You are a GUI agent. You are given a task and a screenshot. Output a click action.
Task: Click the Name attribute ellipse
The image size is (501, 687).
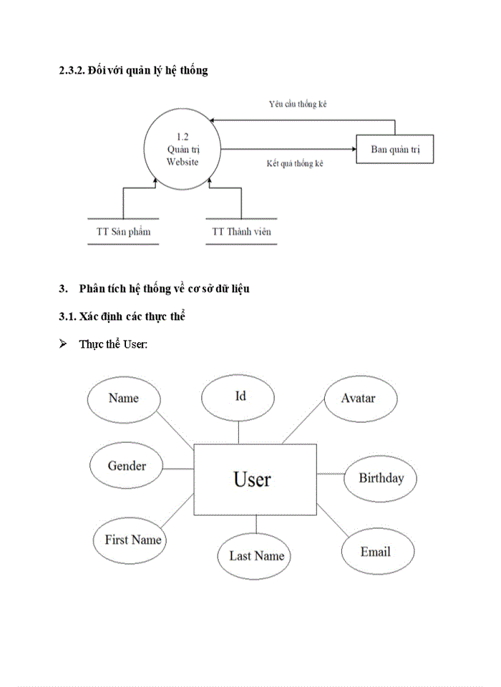click(x=123, y=399)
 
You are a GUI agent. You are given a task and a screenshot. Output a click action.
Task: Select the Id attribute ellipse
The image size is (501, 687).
click(x=239, y=397)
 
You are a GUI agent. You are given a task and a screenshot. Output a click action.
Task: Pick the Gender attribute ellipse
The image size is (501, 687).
click(x=127, y=467)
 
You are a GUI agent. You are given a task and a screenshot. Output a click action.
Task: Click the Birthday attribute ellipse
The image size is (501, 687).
click(x=381, y=478)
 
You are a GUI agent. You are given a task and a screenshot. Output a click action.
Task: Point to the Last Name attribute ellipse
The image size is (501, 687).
click(x=256, y=556)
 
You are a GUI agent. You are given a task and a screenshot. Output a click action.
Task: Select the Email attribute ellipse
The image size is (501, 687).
click(x=376, y=552)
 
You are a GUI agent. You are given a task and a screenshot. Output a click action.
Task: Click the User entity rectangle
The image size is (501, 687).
click(x=254, y=479)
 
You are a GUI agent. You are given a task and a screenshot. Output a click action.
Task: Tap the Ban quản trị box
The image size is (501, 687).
click(x=394, y=150)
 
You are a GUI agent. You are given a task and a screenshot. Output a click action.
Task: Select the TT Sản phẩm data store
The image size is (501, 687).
click(x=123, y=232)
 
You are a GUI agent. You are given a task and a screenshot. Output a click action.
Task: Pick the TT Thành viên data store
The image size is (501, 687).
click(x=241, y=232)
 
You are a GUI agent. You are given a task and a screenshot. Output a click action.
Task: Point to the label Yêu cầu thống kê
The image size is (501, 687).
click(x=298, y=104)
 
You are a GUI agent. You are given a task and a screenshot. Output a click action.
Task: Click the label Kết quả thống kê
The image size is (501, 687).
click(x=294, y=164)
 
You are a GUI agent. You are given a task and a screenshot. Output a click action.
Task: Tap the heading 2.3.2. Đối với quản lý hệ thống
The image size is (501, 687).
click(x=133, y=71)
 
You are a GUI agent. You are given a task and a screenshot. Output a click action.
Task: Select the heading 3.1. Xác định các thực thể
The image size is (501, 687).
click(x=122, y=316)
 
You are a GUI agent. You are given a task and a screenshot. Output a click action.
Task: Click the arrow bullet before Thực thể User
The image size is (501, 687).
click(x=63, y=344)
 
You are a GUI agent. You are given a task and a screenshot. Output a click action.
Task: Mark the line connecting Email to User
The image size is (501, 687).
click(x=332, y=520)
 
